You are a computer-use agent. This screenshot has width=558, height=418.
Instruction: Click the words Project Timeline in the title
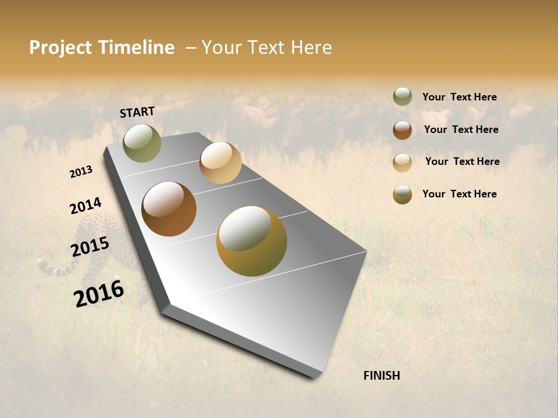[102, 48]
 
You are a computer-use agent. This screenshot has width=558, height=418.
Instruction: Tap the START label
[137, 112]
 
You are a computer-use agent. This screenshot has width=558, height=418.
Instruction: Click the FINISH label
[381, 376]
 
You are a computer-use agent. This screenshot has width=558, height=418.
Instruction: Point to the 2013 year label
[81, 172]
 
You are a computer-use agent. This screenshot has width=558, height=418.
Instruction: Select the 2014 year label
[85, 206]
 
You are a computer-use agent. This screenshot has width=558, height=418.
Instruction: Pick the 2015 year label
[90, 247]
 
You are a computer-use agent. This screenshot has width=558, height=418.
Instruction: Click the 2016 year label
[99, 294]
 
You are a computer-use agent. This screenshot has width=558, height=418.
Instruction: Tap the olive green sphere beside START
[142, 143]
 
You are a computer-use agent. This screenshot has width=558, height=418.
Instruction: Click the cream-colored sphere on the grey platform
[220, 163]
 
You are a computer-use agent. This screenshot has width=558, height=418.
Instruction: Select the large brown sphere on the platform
[169, 209]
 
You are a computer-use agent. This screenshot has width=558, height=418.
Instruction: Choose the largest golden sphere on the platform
[252, 241]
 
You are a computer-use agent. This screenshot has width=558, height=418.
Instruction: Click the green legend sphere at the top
[402, 97]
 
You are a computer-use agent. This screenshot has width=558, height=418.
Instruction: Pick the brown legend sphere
[402, 130]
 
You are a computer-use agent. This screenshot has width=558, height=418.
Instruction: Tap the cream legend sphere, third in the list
[402, 163]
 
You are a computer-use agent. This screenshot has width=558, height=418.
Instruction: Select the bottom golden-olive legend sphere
[402, 194]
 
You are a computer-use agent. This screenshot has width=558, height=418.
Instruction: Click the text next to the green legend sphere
[459, 97]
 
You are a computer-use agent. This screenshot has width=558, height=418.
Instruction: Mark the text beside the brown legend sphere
[461, 129]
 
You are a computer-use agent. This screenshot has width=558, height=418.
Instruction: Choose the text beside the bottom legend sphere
[459, 194]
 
